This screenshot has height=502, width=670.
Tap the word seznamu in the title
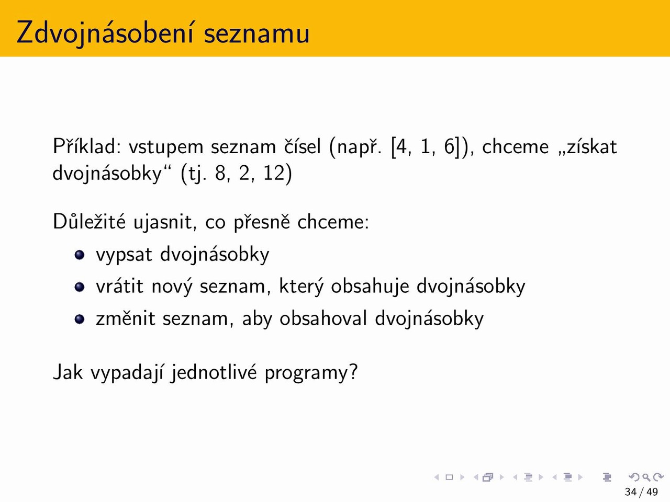pyautogui.click(x=256, y=33)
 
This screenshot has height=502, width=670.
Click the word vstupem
pyautogui.click(x=166, y=147)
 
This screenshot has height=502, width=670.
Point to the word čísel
pyautogui.click(x=303, y=146)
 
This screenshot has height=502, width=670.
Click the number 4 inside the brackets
pyautogui.click(x=401, y=146)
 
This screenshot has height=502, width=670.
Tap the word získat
pyautogui.click(x=588, y=146)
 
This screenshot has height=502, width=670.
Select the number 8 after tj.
pyautogui.click(x=221, y=173)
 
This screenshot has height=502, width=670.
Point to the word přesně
pyautogui.click(x=262, y=223)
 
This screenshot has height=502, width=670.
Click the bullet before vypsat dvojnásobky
pyautogui.click(x=80, y=255)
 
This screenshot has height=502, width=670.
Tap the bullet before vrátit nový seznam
pyautogui.click(x=80, y=287)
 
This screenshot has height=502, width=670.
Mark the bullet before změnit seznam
pyautogui.click(x=80, y=319)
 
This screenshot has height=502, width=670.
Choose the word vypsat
pyautogui.click(x=124, y=255)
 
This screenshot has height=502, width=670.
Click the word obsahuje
pyautogui.click(x=370, y=287)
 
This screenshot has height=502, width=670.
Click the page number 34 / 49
pyautogui.click(x=641, y=492)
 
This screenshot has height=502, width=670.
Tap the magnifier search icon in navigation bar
pyautogui.click(x=646, y=477)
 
